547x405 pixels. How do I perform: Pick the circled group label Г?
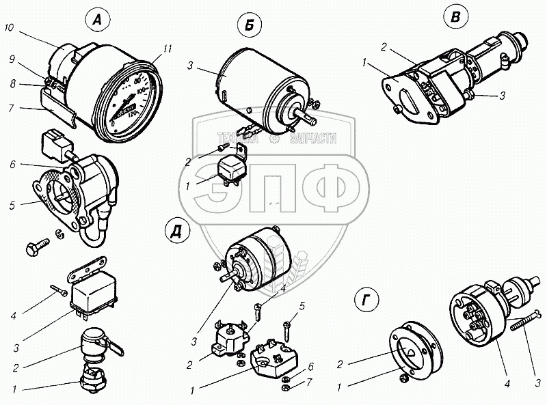coord(368,300)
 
